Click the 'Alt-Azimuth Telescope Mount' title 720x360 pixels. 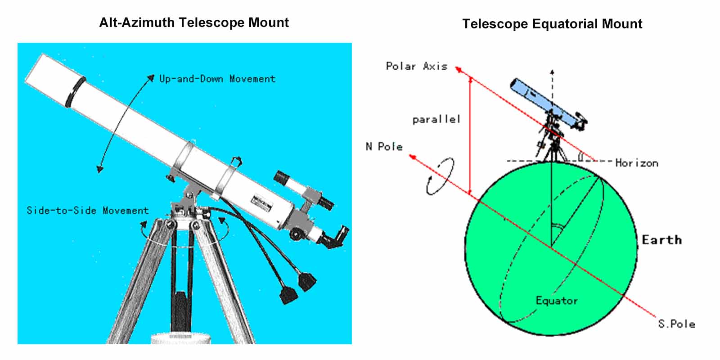(194, 23)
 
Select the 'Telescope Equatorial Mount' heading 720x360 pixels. (552, 24)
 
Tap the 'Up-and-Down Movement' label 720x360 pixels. (218, 79)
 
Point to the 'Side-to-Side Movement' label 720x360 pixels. (88, 211)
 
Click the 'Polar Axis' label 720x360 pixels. (417, 66)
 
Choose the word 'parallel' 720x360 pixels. (436, 120)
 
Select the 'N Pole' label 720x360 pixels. (384, 147)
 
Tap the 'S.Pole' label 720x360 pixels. (677, 324)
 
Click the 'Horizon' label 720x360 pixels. (637, 163)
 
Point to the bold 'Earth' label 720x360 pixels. (662, 240)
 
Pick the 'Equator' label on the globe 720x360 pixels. (557, 301)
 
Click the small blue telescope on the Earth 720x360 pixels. (548, 104)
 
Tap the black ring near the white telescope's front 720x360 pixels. (75, 92)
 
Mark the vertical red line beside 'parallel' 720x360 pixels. (470, 135)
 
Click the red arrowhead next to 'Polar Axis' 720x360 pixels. (459, 69)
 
